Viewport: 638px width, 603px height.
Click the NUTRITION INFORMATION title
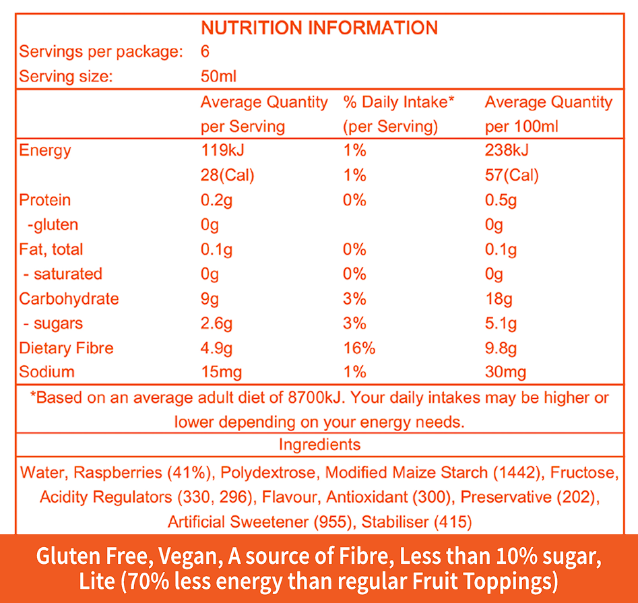click(x=319, y=28)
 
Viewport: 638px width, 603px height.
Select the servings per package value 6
click(x=205, y=52)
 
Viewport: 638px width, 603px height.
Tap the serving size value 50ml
click(x=218, y=76)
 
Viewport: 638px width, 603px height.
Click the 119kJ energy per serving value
click(x=222, y=150)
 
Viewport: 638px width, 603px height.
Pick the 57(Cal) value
click(x=512, y=175)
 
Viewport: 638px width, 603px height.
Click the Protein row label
click(x=44, y=200)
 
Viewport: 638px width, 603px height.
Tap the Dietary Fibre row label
click(x=66, y=348)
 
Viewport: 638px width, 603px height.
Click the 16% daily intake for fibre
click(x=359, y=348)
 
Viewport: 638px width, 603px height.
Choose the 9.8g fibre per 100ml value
click(x=501, y=348)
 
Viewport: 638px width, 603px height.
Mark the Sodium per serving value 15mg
click(x=221, y=372)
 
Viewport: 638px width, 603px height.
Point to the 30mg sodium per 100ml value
click(x=505, y=372)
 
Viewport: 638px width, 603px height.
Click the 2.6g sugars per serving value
click(x=217, y=323)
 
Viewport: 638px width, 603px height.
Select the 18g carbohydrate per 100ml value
click(x=497, y=298)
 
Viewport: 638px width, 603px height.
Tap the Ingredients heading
click(x=319, y=445)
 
